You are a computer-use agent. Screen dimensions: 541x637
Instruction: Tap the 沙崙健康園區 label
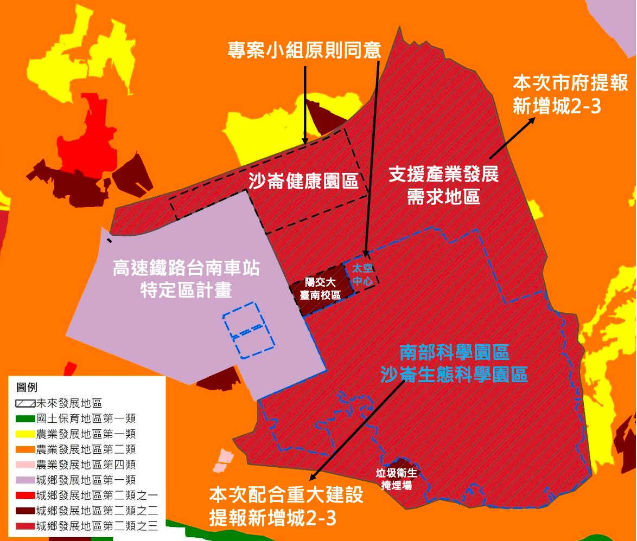click(304, 181)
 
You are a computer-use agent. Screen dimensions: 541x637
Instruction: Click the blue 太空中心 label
click(360, 275)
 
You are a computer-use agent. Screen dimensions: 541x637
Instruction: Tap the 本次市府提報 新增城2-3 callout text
click(570, 94)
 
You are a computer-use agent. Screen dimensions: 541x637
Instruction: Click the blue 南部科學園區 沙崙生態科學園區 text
click(454, 363)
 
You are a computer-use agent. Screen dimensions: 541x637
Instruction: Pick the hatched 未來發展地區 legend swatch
click(25, 403)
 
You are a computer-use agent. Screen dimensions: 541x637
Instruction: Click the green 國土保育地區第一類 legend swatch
click(25, 418)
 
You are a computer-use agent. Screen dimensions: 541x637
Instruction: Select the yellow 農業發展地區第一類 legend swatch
click(25, 434)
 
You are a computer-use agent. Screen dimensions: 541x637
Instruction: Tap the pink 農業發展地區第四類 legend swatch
click(25, 465)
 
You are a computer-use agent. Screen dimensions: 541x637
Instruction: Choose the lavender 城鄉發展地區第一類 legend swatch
click(25, 480)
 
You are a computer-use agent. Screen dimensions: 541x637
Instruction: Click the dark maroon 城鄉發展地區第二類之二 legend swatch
click(25, 511)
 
